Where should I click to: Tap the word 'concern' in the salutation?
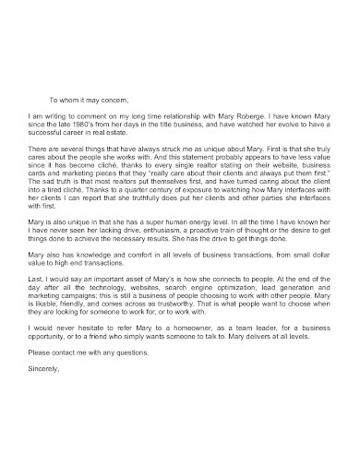(x=114, y=99)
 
